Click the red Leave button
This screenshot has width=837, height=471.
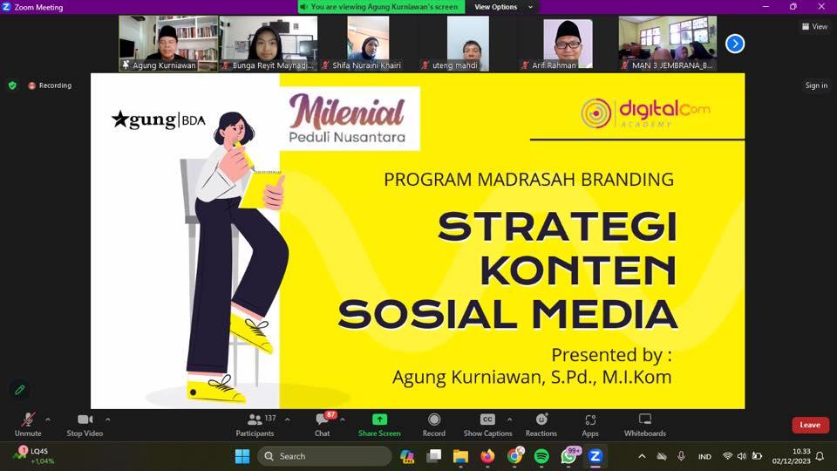(x=810, y=425)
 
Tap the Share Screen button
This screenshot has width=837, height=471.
(x=379, y=425)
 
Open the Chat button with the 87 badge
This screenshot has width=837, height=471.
(x=323, y=425)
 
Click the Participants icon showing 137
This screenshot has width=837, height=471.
(x=255, y=425)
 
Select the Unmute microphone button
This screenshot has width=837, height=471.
(x=28, y=425)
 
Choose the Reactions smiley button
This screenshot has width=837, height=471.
(x=541, y=425)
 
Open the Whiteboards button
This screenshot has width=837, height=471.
(x=645, y=425)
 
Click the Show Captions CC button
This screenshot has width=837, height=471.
(x=487, y=425)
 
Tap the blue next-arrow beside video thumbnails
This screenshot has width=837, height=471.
(x=735, y=44)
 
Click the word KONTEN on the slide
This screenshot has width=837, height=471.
(x=579, y=270)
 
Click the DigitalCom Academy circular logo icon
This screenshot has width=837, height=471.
(x=595, y=113)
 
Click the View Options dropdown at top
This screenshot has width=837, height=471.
(x=503, y=7)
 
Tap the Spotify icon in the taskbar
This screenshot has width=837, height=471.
(x=541, y=456)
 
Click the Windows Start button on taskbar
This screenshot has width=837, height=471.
(x=242, y=456)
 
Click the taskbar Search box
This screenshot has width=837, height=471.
(x=324, y=456)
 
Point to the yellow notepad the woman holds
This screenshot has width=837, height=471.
(x=260, y=188)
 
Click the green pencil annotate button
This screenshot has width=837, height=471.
(x=20, y=390)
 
